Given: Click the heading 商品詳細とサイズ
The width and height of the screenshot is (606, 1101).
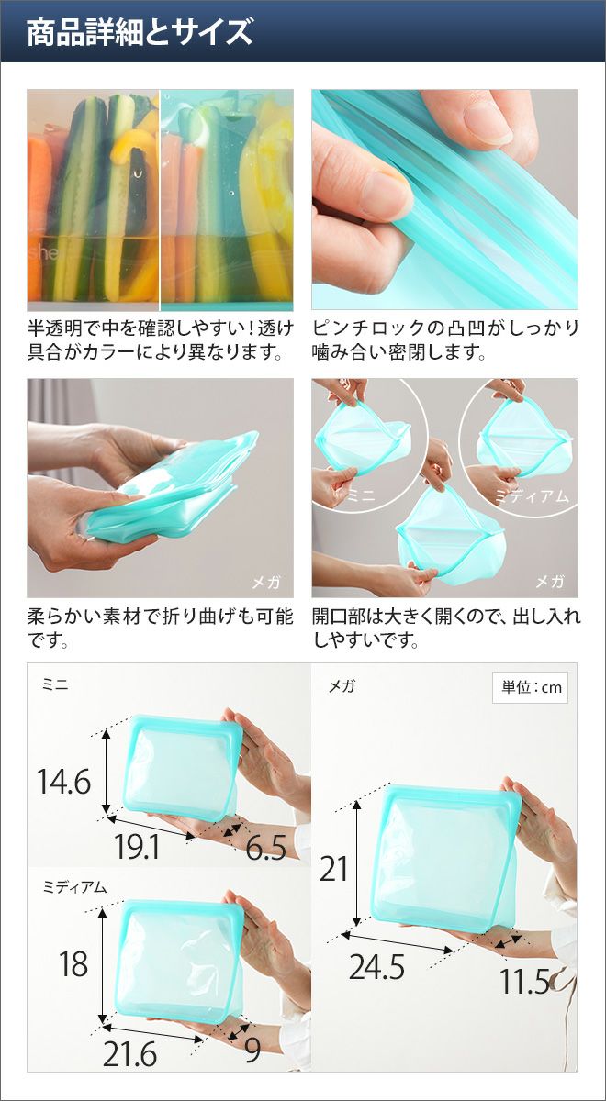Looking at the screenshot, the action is (140, 32).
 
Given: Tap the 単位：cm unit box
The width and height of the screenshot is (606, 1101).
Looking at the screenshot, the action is (530, 687).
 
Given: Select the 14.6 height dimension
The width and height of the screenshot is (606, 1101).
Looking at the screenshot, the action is (64, 781).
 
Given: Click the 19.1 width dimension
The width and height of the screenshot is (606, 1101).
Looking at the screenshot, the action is (137, 846).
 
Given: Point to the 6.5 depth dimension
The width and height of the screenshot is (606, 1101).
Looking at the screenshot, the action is (265, 847).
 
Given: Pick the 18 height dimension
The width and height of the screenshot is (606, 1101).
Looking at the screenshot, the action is (73, 964).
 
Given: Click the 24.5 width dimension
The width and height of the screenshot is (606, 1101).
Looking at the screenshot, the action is (376, 967).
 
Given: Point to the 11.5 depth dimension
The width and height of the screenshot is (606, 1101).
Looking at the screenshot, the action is (524, 982).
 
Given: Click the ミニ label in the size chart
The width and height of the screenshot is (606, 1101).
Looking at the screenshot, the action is (55, 685).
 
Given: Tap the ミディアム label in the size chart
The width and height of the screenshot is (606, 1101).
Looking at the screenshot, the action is (74, 886).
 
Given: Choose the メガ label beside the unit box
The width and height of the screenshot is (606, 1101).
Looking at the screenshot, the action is (342, 685).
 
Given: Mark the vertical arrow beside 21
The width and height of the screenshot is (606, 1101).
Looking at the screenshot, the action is (357, 863).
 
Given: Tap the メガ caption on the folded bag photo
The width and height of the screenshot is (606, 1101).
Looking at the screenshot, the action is (265, 583).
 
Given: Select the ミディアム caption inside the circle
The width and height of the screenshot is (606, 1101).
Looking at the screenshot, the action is (532, 497).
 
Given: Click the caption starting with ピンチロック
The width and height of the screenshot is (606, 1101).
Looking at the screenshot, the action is (445, 339).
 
